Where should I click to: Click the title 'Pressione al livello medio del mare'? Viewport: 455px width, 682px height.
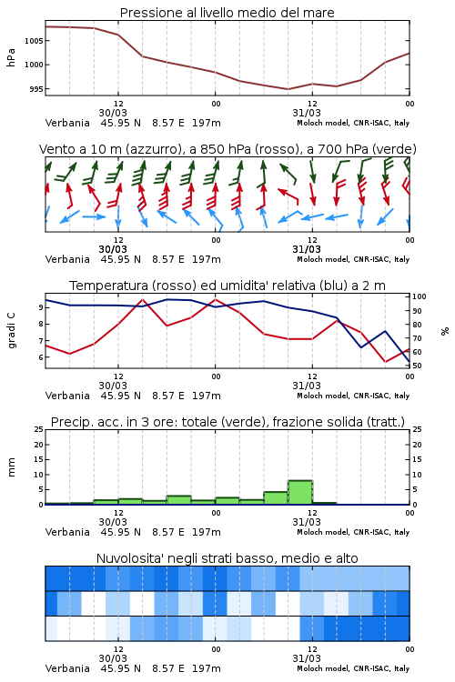(227, 13)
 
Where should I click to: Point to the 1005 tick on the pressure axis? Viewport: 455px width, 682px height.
(34, 41)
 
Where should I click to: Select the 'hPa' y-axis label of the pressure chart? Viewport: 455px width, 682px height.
(11, 57)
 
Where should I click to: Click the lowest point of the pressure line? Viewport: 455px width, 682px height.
(288, 89)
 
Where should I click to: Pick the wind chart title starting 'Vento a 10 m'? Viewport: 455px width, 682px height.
(227, 149)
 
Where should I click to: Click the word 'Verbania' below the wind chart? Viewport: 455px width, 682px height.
(67, 259)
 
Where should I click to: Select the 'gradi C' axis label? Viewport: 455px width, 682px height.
(11, 330)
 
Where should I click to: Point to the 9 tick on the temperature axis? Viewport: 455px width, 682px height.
(41, 307)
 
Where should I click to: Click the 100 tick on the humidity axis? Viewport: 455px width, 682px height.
(420, 296)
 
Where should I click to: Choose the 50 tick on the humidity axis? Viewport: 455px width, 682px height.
(417, 366)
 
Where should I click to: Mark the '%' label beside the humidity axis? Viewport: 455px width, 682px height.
(445, 331)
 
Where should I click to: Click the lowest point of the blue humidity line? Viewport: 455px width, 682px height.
(409, 362)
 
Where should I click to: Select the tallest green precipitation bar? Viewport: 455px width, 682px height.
(300, 492)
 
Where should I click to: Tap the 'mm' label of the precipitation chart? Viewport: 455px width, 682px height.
(11, 467)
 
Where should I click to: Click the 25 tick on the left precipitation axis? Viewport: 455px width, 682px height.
(39, 429)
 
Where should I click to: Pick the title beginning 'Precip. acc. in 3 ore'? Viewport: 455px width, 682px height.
(227, 422)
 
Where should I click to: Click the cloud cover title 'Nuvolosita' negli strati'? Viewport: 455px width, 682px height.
(227, 558)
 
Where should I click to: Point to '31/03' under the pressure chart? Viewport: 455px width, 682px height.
(307, 113)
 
